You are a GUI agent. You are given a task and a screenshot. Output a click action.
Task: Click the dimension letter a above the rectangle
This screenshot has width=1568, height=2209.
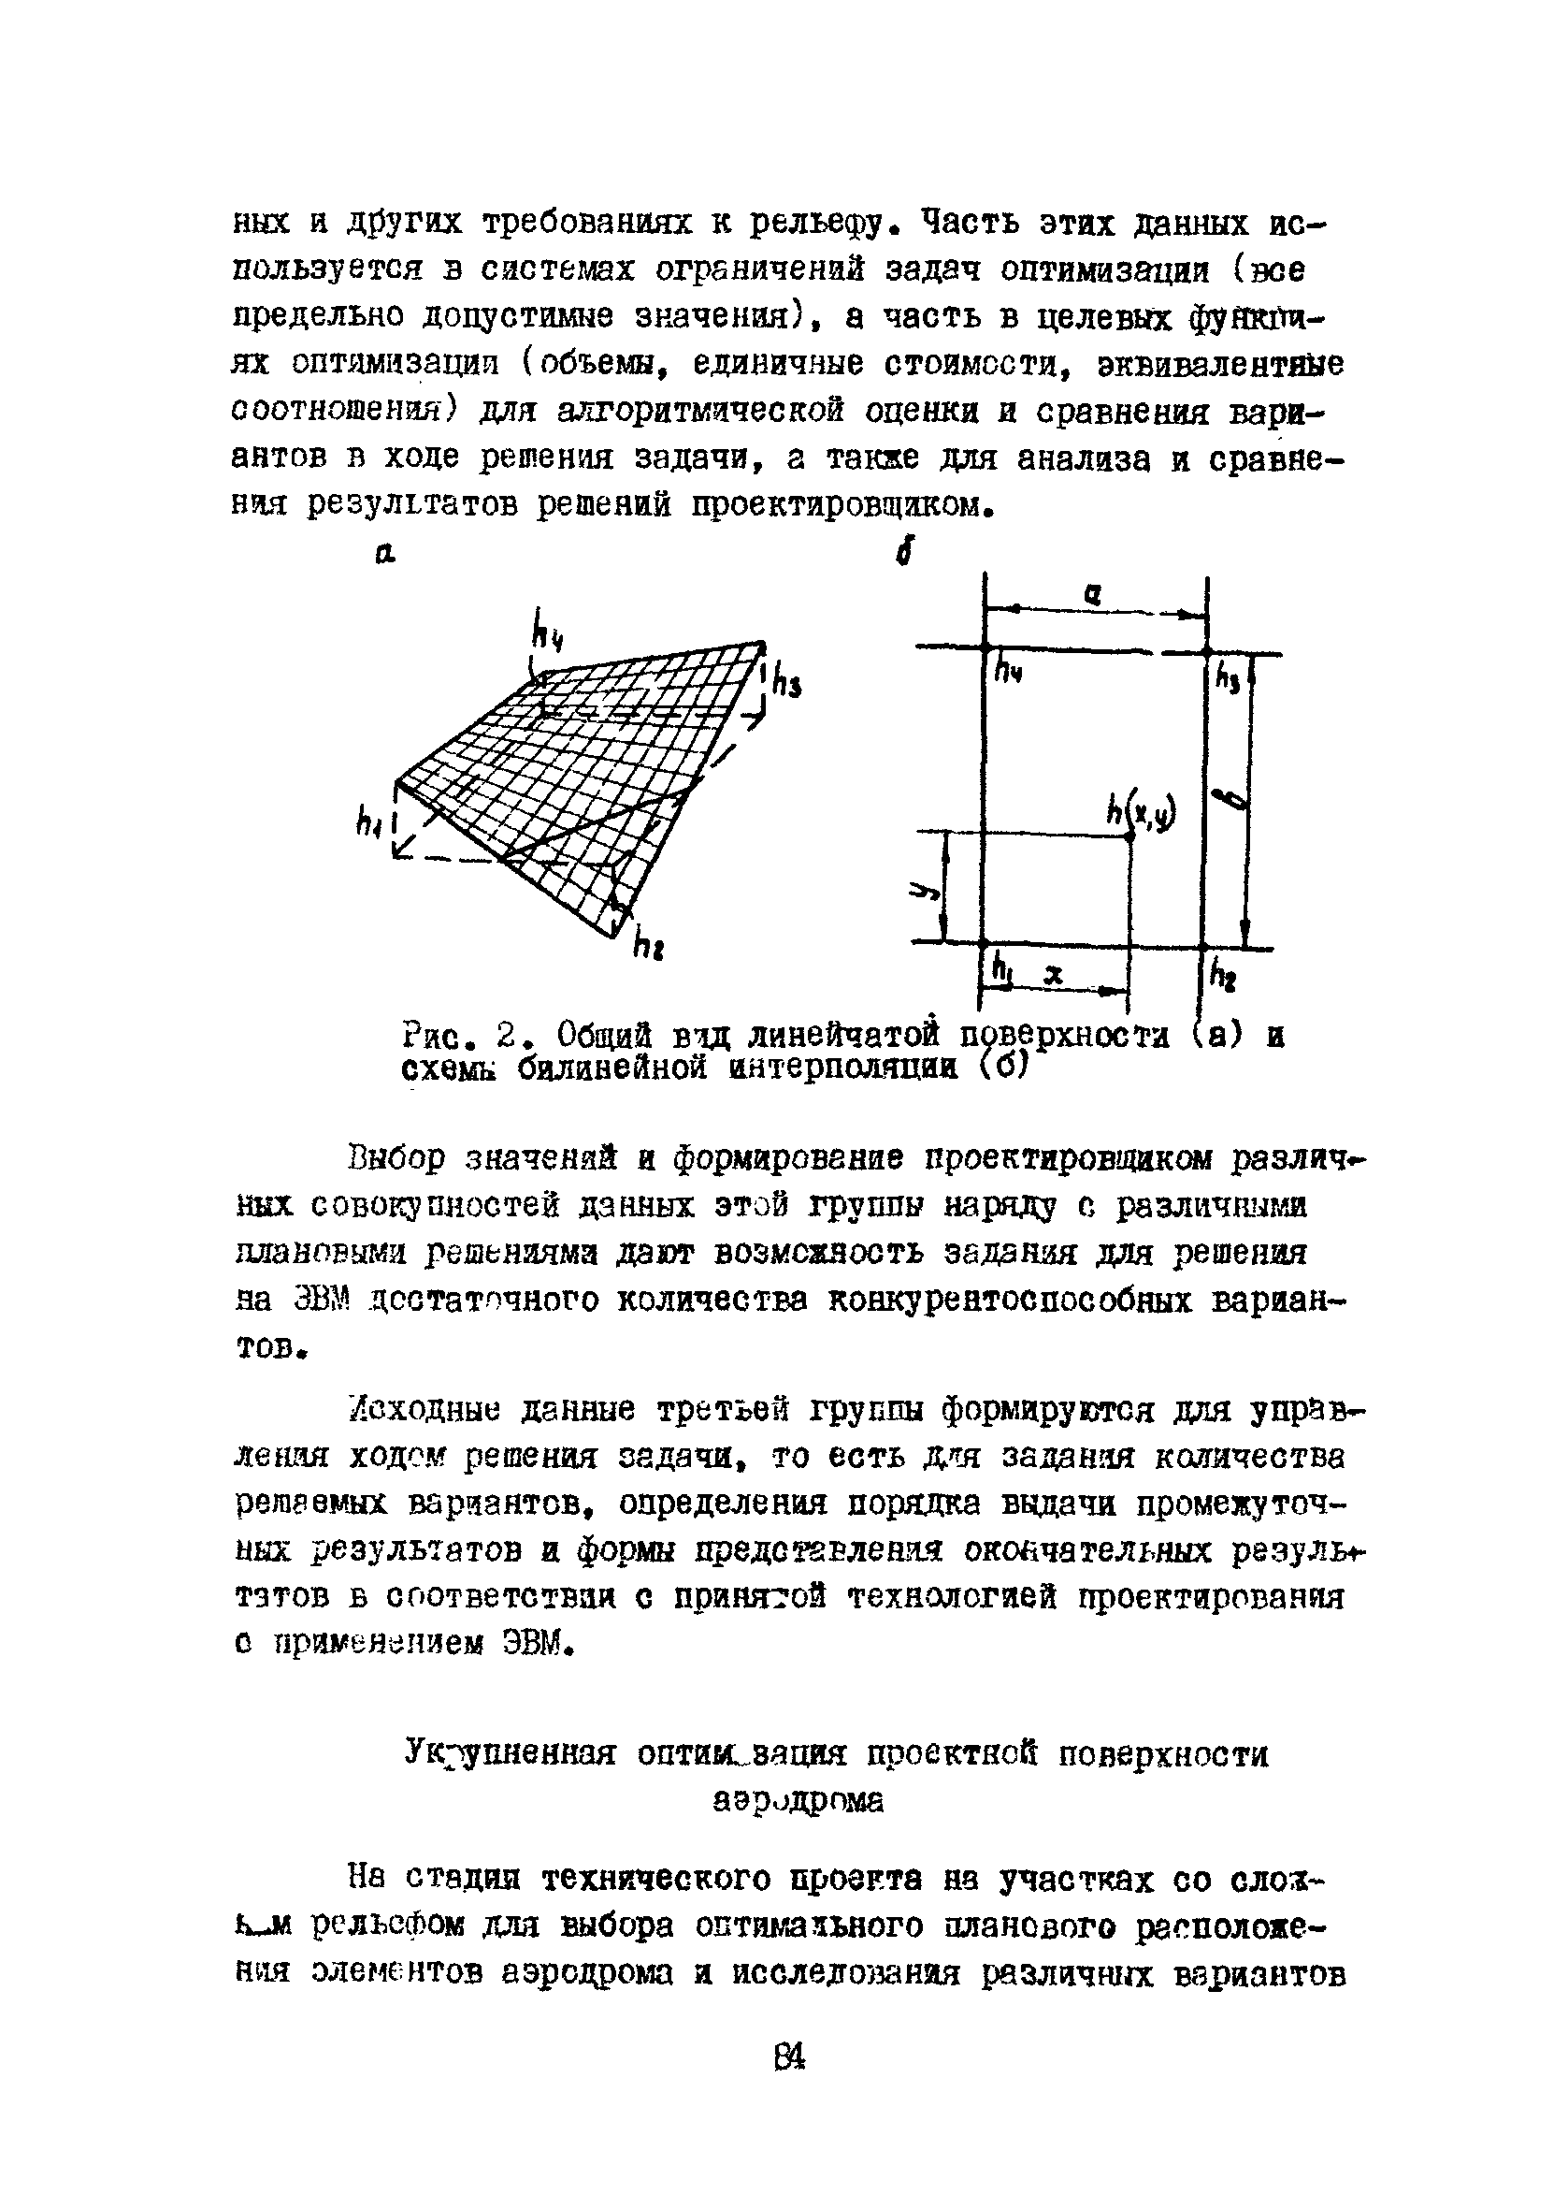(1091, 597)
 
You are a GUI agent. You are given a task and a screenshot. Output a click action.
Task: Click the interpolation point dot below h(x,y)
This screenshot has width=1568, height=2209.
(1130, 836)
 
